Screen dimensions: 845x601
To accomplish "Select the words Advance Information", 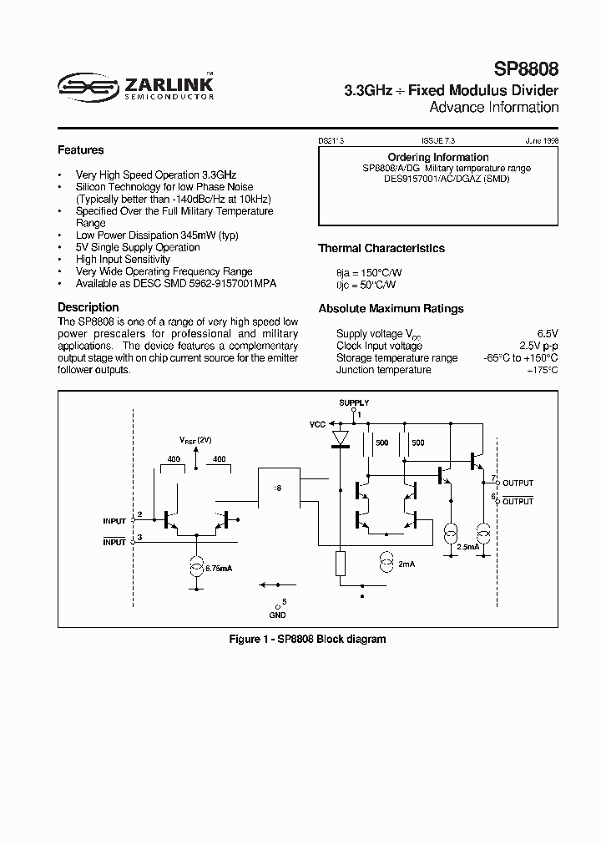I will (x=493, y=108).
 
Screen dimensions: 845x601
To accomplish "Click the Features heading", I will (x=80, y=150).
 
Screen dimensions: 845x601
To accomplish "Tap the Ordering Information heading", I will (x=438, y=157).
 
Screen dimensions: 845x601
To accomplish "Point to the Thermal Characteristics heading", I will (x=381, y=248).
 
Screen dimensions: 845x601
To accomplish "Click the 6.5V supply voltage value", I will (x=548, y=333).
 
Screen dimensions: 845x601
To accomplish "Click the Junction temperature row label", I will (x=383, y=370).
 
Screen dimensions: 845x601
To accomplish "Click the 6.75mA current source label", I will (x=218, y=568).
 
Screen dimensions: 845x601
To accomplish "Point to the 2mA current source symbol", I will (x=386, y=564).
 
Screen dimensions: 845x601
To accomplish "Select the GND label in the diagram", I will (x=278, y=615).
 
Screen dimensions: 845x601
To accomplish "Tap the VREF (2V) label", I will (x=195, y=439).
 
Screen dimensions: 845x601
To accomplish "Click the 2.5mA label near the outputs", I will (x=467, y=546).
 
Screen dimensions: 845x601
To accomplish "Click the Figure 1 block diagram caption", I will (x=307, y=639).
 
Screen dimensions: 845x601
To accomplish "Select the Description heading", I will (x=88, y=307).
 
